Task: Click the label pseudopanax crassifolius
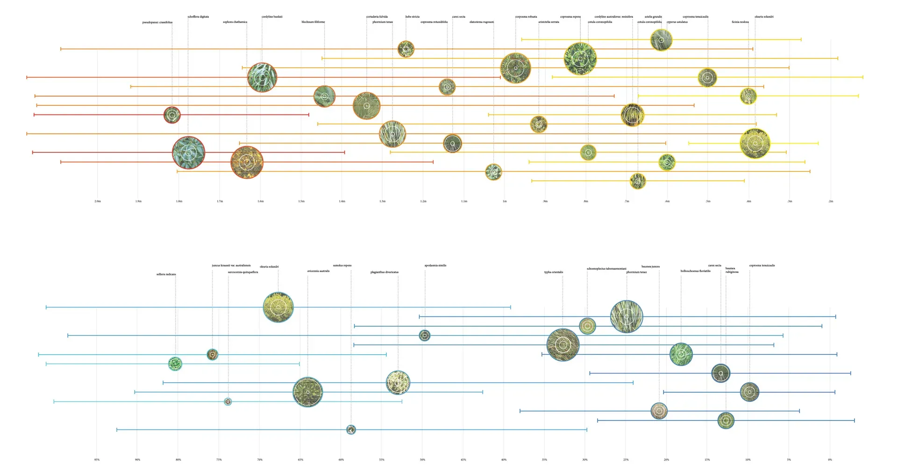[x=157, y=22]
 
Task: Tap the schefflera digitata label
[x=198, y=17]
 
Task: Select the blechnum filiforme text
[x=313, y=22]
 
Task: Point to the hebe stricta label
[x=412, y=17]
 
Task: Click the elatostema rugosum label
[x=481, y=22]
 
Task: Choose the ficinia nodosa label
[x=740, y=22]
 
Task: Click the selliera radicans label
[x=166, y=274]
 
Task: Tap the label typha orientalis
[x=553, y=272]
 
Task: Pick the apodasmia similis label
[x=435, y=265]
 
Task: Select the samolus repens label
[x=342, y=265]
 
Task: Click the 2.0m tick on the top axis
[x=98, y=201]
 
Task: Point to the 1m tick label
[x=505, y=201]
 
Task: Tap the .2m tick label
[x=830, y=201]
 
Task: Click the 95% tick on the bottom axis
[x=97, y=460]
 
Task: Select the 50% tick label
[x=422, y=460]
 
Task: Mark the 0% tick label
[x=830, y=460]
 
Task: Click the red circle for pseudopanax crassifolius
[x=172, y=115]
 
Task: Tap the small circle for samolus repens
[x=351, y=430]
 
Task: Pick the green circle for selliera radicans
[x=175, y=364]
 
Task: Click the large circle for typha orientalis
[x=562, y=345]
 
